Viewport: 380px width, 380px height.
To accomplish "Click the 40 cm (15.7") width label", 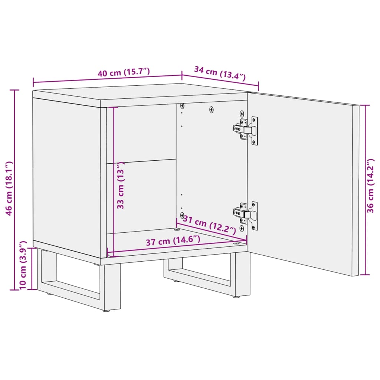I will click(x=124, y=72).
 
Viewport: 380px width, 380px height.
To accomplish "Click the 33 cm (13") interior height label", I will click(x=121, y=188).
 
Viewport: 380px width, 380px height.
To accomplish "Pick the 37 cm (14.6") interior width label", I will click(x=173, y=241).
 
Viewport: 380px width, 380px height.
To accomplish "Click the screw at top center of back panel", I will click(x=212, y=109).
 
